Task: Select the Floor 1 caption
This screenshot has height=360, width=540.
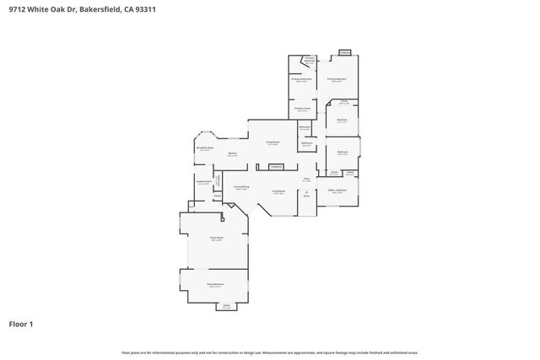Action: [21, 324]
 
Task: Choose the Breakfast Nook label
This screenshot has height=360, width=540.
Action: [204, 149]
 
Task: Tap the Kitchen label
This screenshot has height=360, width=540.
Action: [232, 153]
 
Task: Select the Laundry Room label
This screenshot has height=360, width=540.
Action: [202, 182]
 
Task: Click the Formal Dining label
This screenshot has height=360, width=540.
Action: [241, 187]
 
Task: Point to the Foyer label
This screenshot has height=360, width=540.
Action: [307, 179]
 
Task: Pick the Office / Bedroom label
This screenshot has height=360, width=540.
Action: [337, 191]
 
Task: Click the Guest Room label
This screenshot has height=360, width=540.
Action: [216, 239]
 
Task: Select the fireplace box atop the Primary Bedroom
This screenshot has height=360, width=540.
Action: [344, 52]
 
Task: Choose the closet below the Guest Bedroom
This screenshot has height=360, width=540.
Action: [226, 305]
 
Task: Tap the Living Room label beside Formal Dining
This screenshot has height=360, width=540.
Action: [278, 191]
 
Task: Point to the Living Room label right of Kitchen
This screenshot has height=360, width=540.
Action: [273, 142]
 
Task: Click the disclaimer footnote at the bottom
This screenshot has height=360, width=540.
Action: [270, 352]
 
